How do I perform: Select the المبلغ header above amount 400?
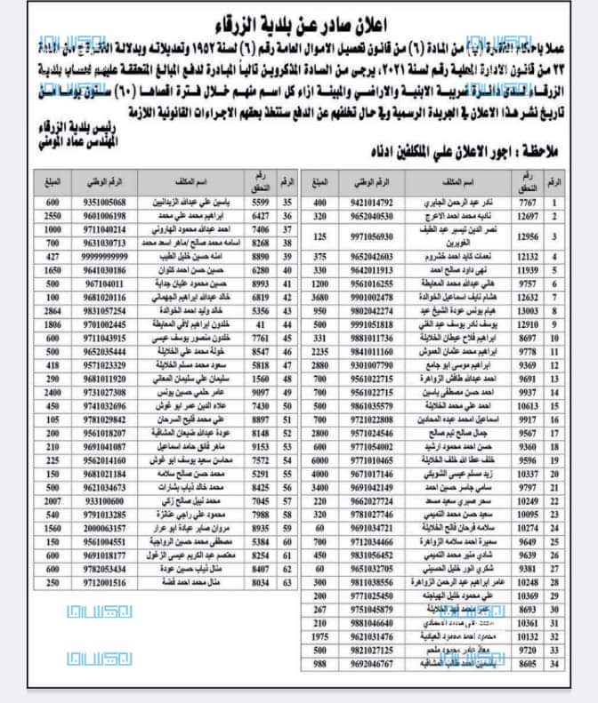(321, 182)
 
